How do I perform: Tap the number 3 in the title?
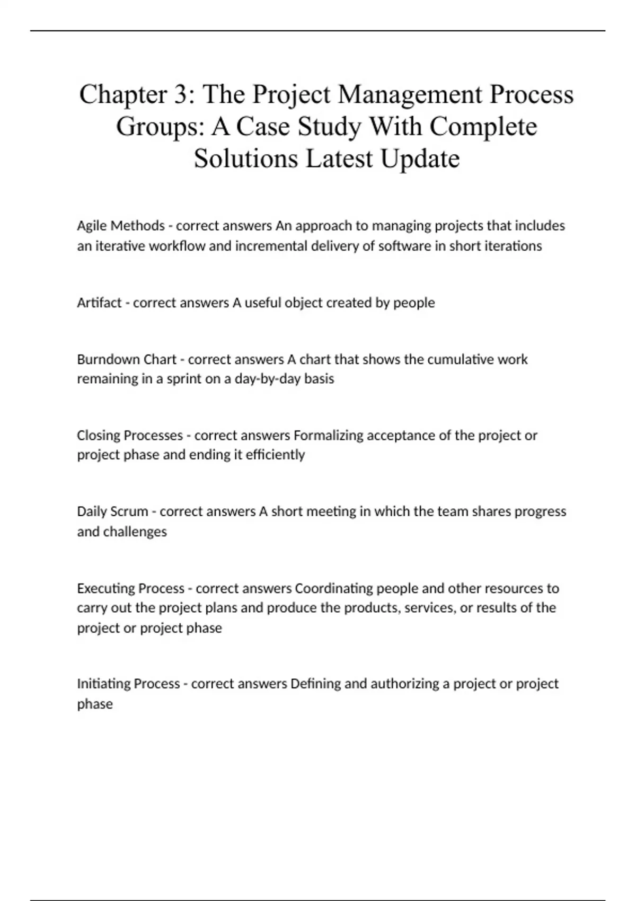[177, 94]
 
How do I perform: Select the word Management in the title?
[410, 94]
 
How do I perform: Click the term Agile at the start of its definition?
[92, 226]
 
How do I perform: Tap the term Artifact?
[99, 303]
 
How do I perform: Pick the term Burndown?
[107, 359]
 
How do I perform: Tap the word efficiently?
[275, 455]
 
